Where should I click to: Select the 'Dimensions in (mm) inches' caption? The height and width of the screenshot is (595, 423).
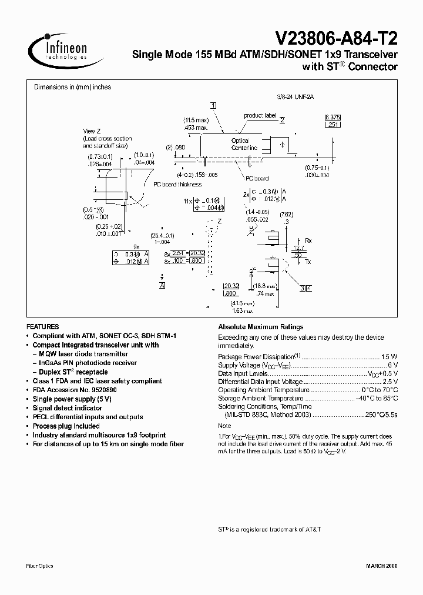72,87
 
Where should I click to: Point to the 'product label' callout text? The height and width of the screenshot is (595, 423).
260,116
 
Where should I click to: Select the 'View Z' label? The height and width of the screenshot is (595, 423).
92,131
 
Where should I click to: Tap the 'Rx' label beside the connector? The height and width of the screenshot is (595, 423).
308,240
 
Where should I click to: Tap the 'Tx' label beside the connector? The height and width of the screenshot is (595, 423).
308,262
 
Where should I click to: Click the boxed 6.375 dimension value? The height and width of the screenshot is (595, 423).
333,118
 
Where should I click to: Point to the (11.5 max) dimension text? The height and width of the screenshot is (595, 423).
196,120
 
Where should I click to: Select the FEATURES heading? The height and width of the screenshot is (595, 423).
43,326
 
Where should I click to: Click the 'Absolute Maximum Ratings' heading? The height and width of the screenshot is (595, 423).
260,327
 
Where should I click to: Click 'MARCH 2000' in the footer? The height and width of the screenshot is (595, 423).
382,566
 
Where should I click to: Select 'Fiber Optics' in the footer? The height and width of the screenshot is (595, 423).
40,566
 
